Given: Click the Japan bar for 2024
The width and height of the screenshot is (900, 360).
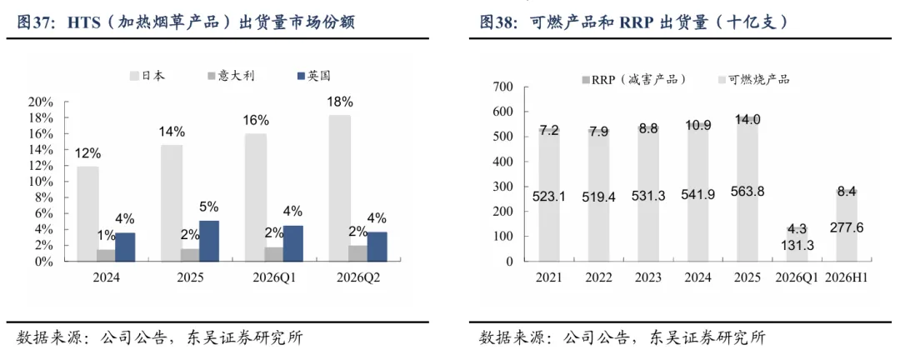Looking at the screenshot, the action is tap(87, 213).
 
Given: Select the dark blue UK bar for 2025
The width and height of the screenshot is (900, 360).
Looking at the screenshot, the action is tap(208, 241).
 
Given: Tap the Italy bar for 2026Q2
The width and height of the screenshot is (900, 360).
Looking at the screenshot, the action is tap(358, 253).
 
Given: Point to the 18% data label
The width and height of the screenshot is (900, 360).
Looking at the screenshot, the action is tap(340, 102).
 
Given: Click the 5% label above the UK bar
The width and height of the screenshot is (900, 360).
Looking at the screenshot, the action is tap(209, 207).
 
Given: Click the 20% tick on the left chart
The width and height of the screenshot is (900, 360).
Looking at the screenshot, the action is tap(40, 102).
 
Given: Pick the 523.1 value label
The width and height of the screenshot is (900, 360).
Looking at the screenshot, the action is tap(549, 197).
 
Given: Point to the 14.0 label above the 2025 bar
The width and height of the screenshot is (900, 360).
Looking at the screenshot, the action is tap(747, 121).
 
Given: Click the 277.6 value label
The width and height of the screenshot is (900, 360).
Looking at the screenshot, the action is tap(847, 228).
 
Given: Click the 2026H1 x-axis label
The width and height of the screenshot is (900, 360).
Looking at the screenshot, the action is tap(847, 277).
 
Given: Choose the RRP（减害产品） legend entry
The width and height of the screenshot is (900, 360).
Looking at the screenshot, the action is tap(633, 80).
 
